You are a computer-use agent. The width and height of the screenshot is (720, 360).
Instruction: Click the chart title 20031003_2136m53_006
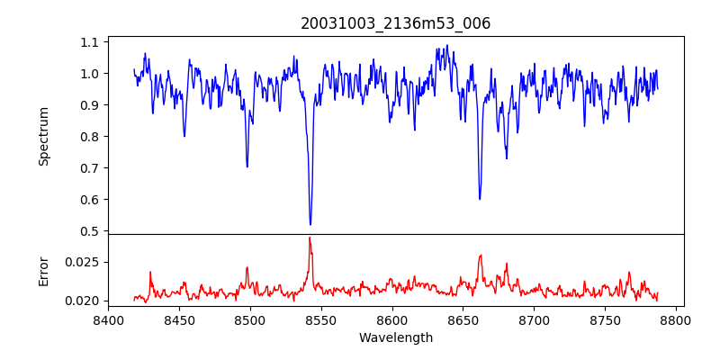pyautogui.click(x=396, y=23)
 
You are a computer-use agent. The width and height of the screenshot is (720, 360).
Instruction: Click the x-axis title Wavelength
pyautogui.click(x=396, y=338)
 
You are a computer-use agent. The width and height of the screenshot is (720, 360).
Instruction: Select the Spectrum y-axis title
pyautogui.click(x=43, y=136)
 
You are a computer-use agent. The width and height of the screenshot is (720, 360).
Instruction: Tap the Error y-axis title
pyautogui.click(x=43, y=271)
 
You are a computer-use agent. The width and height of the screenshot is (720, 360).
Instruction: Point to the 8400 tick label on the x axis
pyautogui.click(x=108, y=320)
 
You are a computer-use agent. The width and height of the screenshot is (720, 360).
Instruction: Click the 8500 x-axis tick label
pyautogui.click(x=250, y=320)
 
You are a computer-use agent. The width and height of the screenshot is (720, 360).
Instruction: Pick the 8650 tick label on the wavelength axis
pyautogui.click(x=463, y=320)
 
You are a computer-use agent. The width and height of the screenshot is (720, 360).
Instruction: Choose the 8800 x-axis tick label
pyautogui.click(x=677, y=320)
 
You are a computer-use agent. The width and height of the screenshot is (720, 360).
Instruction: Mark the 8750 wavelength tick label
pyautogui.click(x=606, y=320)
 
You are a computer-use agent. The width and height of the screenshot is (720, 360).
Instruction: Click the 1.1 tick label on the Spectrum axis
pyautogui.click(x=89, y=42)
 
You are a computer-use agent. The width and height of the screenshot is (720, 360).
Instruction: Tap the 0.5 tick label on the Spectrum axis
pyautogui.click(x=89, y=231)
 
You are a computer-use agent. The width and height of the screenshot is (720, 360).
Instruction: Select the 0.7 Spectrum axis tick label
pyautogui.click(x=89, y=168)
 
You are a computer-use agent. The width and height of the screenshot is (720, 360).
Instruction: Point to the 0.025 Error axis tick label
pyautogui.click(x=83, y=263)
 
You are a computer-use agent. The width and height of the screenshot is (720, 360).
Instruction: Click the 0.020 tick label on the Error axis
pyautogui.click(x=83, y=301)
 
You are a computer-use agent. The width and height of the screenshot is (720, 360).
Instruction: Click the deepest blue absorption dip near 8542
pyautogui.click(x=310, y=224)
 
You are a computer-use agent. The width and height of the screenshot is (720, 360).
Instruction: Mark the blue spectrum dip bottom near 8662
pyautogui.click(x=480, y=199)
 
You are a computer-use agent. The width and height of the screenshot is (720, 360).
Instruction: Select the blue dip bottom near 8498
pyautogui.click(x=247, y=166)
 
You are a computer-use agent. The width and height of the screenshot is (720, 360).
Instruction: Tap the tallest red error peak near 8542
pyautogui.click(x=310, y=238)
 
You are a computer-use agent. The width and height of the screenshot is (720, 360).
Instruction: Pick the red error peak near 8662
pyautogui.click(x=481, y=256)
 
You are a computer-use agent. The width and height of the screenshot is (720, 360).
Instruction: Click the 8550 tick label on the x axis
pyautogui.click(x=321, y=320)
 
